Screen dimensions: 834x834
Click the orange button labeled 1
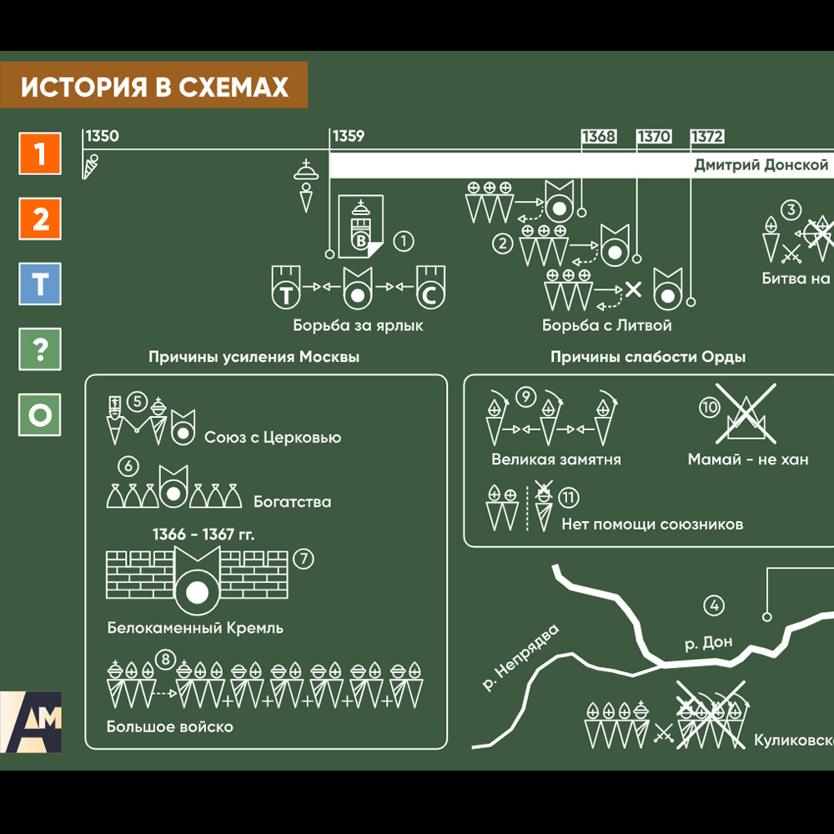click(x=40, y=153)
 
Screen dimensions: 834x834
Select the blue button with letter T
click(x=40, y=284)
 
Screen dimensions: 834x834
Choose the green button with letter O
click(x=40, y=414)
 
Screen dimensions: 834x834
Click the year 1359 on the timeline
click(x=349, y=137)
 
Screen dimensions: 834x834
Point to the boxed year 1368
click(x=599, y=137)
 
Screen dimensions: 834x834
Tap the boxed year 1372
click(x=707, y=137)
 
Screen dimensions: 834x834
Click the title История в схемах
click(x=154, y=87)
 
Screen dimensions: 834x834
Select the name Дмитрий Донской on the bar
click(x=761, y=165)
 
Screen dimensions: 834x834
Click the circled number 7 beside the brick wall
click(x=304, y=559)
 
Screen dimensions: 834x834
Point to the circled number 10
click(x=709, y=407)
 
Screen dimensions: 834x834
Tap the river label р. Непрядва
click(x=519, y=659)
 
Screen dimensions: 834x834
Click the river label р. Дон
click(x=708, y=643)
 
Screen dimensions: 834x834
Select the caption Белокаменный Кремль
click(x=195, y=628)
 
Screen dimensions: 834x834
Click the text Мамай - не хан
click(x=747, y=460)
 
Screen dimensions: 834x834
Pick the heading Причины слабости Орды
click(x=647, y=357)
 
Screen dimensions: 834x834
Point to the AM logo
click(x=31, y=721)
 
